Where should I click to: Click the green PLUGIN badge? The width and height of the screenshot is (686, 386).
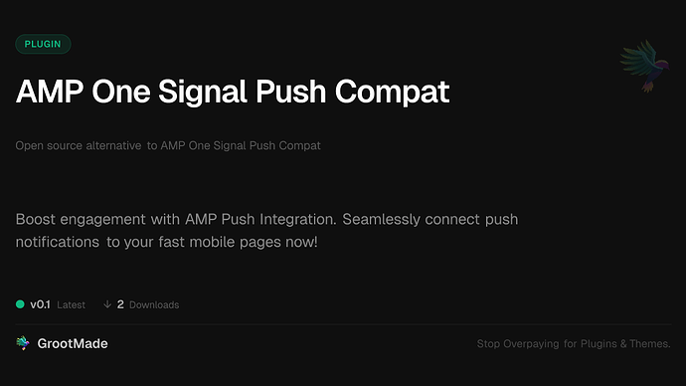click(x=43, y=44)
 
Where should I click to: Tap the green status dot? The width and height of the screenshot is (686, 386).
click(x=20, y=304)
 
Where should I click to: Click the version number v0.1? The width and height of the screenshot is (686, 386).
click(x=40, y=304)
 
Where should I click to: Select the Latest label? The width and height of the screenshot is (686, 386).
click(x=71, y=304)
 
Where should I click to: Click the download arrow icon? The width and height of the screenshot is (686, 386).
click(x=106, y=304)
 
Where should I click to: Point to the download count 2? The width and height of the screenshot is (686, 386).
click(x=120, y=304)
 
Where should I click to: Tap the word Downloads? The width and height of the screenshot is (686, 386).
click(x=154, y=304)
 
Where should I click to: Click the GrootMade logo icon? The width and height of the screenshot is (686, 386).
click(x=23, y=343)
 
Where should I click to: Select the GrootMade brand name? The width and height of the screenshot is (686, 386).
click(x=73, y=343)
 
